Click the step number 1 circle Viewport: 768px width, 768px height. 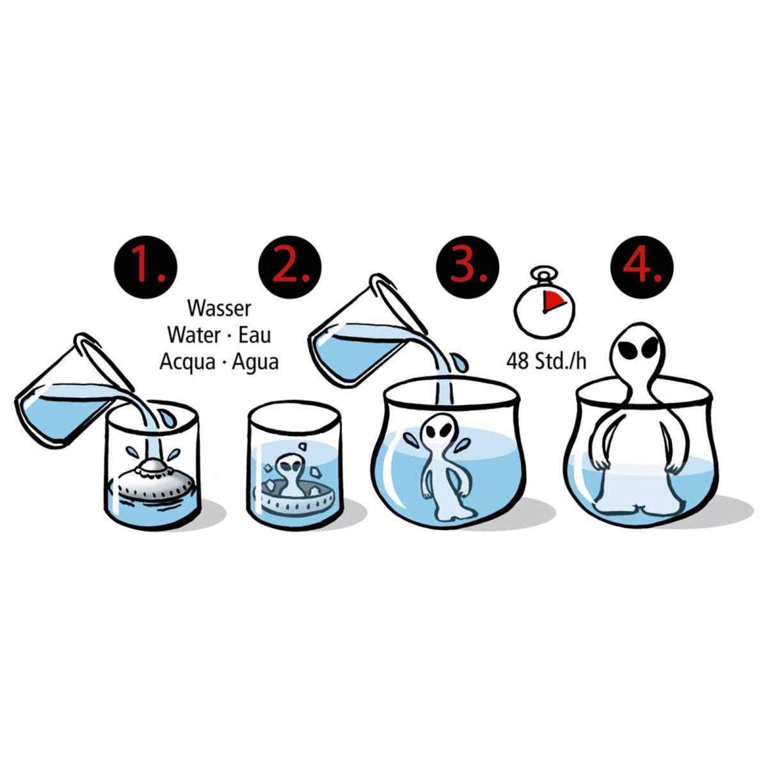click(x=146, y=266)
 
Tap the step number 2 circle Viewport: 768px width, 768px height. click(x=290, y=266)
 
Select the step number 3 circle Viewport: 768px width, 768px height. click(x=467, y=266)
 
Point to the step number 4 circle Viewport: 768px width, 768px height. click(x=642, y=266)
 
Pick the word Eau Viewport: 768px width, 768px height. click(x=255, y=335)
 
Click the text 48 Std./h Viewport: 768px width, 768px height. click(x=547, y=362)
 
